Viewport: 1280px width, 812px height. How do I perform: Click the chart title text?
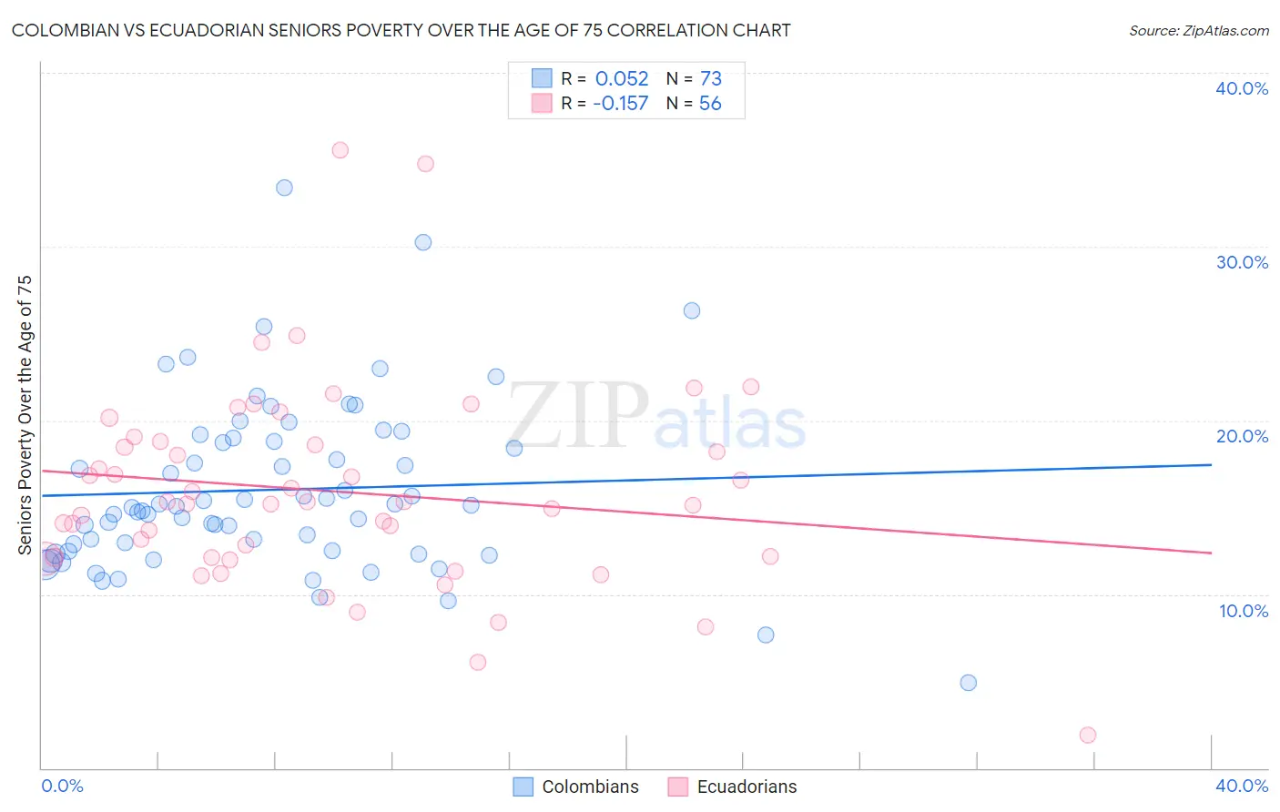401,30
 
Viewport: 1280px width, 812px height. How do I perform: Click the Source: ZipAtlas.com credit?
1198,30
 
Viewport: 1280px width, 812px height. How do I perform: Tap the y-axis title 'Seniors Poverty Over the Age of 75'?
25,414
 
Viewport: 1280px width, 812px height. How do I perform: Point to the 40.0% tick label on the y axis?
1242,88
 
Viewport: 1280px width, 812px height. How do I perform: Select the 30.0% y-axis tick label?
1242,262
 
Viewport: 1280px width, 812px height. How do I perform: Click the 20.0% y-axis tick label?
1242,436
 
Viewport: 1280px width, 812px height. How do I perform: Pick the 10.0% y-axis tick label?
1244,611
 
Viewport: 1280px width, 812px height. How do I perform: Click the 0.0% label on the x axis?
62,786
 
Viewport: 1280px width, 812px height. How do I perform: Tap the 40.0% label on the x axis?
1242,786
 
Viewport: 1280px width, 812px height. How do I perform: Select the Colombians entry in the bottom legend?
575,787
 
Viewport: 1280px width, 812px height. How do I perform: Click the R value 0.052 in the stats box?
622,78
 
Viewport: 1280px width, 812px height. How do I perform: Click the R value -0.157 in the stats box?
620,103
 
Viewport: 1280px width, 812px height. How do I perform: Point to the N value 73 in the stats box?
710,78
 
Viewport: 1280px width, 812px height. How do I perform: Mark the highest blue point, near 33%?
284,188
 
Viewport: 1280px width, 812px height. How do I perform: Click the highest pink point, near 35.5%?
340,150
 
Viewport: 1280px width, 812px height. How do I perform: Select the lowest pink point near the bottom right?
1087,735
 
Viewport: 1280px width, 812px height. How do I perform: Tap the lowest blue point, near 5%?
968,683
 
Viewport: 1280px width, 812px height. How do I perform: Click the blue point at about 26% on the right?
692,310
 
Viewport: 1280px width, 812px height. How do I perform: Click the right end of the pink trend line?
1211,553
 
